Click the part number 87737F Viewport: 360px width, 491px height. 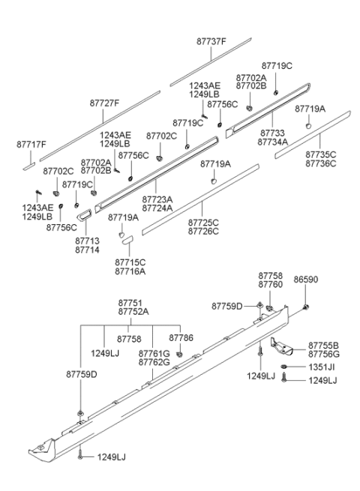tap(211, 41)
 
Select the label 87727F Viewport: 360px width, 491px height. tap(104, 103)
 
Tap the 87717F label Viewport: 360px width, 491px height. tap(31, 145)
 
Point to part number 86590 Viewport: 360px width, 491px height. tap(305, 280)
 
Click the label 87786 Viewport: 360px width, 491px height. tap(181, 337)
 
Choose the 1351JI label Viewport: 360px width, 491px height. tap(322, 367)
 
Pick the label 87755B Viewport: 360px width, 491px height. tap(323, 346)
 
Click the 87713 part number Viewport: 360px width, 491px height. tap(87, 241)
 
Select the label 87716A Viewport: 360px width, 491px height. tap(130, 271)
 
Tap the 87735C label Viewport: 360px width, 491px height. tap(320, 154)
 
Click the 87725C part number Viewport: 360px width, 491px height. tap(203, 223)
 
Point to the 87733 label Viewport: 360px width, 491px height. tap(272, 133)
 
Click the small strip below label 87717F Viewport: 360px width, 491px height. tap(28, 166)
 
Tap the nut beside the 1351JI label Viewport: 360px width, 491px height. tap(283, 367)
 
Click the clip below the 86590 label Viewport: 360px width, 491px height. tap(306, 307)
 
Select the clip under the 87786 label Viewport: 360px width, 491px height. tap(180, 355)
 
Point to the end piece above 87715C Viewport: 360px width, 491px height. tap(128, 240)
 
